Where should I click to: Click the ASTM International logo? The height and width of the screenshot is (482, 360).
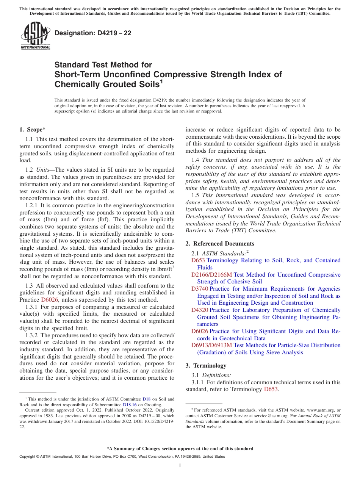[x=35, y=36]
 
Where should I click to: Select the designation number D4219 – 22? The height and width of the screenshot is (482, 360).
[x=93, y=33]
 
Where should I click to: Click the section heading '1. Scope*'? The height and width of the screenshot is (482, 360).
[x=33, y=130]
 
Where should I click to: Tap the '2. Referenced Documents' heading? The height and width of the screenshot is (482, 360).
[x=220, y=244]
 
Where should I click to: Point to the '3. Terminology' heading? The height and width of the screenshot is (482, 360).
[x=206, y=366]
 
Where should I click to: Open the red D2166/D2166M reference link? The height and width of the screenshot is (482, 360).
[x=211, y=275]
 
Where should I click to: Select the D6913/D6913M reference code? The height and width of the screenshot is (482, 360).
[x=211, y=345]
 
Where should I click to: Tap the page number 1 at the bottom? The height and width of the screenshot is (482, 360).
[x=180, y=465]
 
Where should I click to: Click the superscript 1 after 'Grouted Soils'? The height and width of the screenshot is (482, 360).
[x=161, y=81]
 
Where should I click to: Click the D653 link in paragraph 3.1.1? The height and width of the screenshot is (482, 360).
[x=271, y=389]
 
